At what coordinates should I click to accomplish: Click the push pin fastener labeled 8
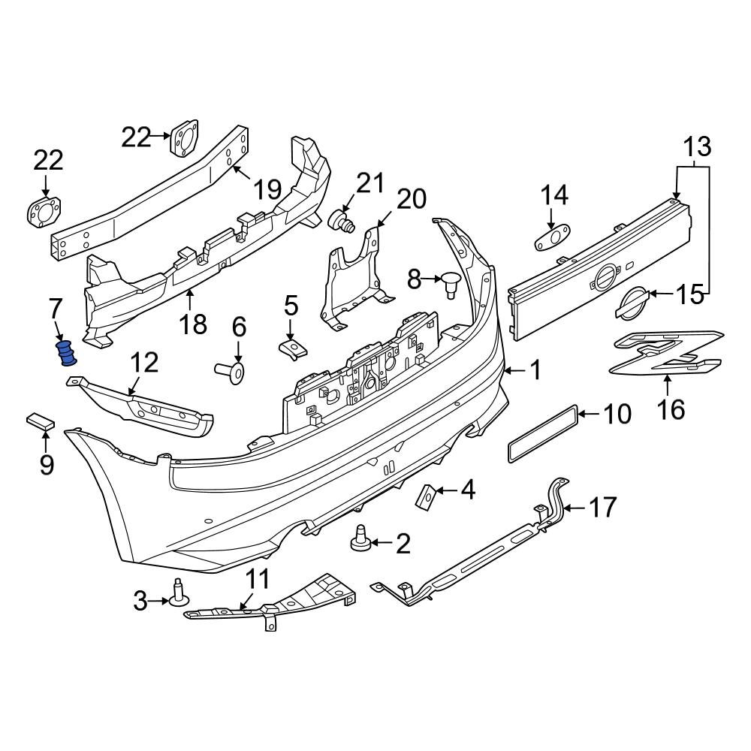(451, 284)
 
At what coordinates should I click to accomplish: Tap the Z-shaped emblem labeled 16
(665, 352)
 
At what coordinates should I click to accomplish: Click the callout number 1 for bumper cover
(535, 369)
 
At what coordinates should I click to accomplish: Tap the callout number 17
(602, 508)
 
